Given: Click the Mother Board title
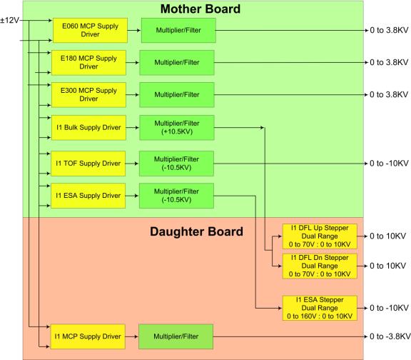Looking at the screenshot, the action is (x=201, y=9).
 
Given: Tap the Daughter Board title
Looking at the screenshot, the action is (x=196, y=231).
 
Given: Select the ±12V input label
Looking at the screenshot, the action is (x=10, y=20).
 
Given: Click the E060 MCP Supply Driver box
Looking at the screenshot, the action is (x=90, y=30).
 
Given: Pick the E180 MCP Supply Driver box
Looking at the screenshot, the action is (x=88, y=62).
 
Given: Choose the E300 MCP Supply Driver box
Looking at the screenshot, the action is (x=88, y=95).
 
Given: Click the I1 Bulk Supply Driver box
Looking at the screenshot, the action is (x=88, y=128).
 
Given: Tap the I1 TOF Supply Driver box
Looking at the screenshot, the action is (x=88, y=164).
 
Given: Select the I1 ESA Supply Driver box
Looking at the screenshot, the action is (x=88, y=196).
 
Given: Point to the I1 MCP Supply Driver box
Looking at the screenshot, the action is (x=88, y=336).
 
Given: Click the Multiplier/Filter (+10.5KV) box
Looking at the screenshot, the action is (x=177, y=128).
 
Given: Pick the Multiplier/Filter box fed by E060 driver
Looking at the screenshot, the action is (x=178, y=30).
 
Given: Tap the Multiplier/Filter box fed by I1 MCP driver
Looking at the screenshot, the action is (x=176, y=336).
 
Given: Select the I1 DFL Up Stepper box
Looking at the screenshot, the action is (x=320, y=236).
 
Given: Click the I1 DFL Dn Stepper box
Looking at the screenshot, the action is (x=320, y=266).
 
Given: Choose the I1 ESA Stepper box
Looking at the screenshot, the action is (x=320, y=308).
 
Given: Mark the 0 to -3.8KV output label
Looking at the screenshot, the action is (x=390, y=336).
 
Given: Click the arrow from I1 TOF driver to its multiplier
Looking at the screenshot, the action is (x=132, y=164).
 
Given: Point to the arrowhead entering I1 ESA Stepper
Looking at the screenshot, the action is (x=280, y=308).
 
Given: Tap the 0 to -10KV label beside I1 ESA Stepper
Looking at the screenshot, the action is (x=389, y=308).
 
